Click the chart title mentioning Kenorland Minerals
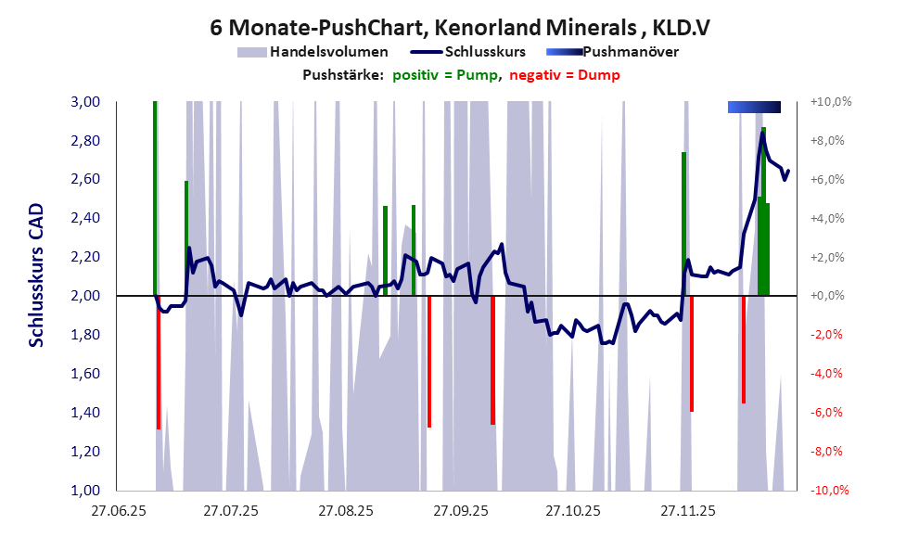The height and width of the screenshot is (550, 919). (x=460, y=28)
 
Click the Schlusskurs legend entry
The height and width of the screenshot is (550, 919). (x=486, y=52)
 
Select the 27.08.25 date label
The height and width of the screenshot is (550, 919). (x=345, y=511)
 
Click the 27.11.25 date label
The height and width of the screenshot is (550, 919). (x=687, y=511)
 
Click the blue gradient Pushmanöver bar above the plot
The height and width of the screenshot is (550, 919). (x=754, y=108)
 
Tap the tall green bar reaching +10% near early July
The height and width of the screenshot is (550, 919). (x=155, y=195)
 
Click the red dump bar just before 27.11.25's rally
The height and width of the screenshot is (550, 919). (x=692, y=352)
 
